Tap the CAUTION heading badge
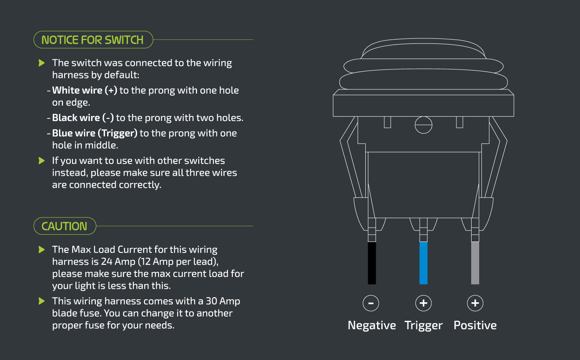65,226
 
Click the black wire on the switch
372,263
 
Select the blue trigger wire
424,263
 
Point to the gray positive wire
475,263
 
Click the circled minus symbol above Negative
371,303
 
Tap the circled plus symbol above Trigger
424,303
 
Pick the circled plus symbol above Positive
475,303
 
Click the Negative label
372,325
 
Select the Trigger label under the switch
424,326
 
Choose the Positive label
475,325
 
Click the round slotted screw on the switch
424,125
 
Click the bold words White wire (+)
85,90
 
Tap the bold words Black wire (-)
83,118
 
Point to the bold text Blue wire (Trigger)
95,133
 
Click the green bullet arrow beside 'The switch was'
41,63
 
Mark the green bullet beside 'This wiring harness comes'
41,301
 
